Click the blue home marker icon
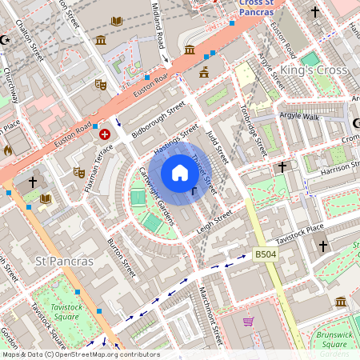pyautogui.click(x=180, y=173)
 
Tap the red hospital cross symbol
pyautogui.click(x=105, y=135)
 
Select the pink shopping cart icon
pyautogui.click(x=249, y=322)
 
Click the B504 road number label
pyautogui.click(x=266, y=254)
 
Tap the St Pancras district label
pyautogui.click(x=65, y=262)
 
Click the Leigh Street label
pyautogui.click(x=214, y=221)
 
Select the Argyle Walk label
pyautogui.click(x=299, y=116)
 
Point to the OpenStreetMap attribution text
pyautogui.click(x=80, y=354)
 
